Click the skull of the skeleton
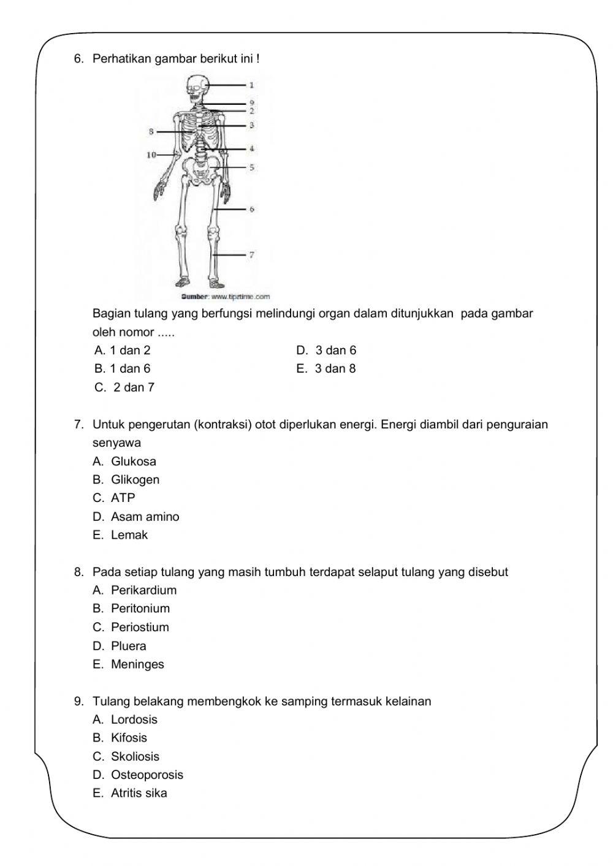pos(196,87)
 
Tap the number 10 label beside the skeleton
pos(151,155)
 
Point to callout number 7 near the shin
pos(251,254)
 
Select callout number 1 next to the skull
pos(251,85)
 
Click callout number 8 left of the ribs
pos(151,131)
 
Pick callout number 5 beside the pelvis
pos(251,167)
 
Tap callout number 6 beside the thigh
pos(251,209)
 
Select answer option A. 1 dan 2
pos(123,350)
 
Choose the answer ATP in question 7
pos(123,498)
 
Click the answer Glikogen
pos(135,479)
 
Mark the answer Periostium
pos(140,627)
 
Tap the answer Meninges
pos(137,664)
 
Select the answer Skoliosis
pos(135,756)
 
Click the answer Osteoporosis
pos(147,775)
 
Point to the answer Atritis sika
pos(139,793)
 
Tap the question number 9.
pos(78,701)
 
